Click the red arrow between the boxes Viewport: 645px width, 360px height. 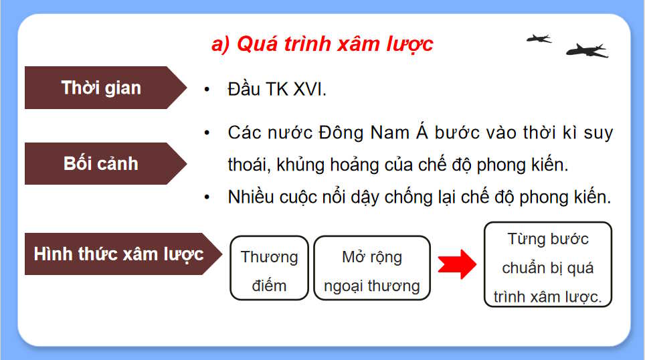(x=456, y=265)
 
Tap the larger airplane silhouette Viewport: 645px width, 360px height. (x=586, y=50)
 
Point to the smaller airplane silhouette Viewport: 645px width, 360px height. (x=538, y=38)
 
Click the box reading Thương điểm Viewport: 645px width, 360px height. (x=269, y=271)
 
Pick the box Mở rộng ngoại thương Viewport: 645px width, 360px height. (x=371, y=271)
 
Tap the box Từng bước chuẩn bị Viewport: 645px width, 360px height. (x=547, y=268)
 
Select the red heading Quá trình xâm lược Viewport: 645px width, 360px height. (x=322, y=44)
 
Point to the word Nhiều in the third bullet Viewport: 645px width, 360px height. (x=252, y=197)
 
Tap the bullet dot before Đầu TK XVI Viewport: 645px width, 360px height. (x=208, y=90)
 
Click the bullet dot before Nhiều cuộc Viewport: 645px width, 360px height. (x=208, y=197)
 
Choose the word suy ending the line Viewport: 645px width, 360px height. (x=597, y=132)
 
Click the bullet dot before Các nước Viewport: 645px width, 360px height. (x=208, y=132)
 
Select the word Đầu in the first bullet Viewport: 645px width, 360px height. (x=244, y=90)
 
